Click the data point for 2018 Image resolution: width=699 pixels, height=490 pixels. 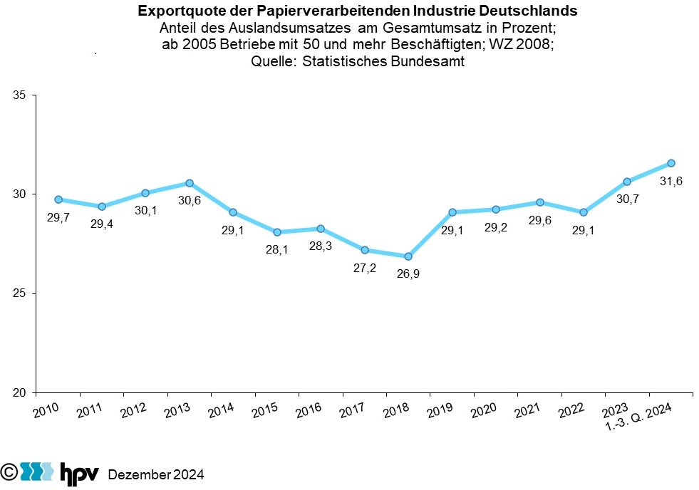pyautogui.click(x=408, y=256)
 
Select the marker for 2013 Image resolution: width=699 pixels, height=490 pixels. pyautogui.click(x=190, y=183)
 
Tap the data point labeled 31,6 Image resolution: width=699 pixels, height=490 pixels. pyautogui.click(x=670, y=163)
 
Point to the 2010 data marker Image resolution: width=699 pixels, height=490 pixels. pyautogui.click(x=58, y=199)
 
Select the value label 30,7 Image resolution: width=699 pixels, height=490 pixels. pyautogui.click(x=627, y=199)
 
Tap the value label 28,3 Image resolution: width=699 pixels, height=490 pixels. pyautogui.click(x=321, y=247)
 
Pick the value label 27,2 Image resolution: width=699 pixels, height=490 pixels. pyautogui.click(x=365, y=269)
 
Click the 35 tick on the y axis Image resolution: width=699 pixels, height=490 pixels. pyautogui.click(x=19, y=95)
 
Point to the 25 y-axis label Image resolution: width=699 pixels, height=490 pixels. pyautogui.click(x=19, y=293)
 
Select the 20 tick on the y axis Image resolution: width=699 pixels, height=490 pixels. pyautogui.click(x=19, y=392)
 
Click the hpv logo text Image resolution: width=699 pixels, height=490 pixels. pyautogui.click(x=78, y=473)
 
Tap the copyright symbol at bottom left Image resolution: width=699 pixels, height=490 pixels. pyautogui.click(x=9, y=472)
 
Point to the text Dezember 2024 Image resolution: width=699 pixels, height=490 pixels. pyautogui.click(x=156, y=474)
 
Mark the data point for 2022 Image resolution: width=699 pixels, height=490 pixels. pyautogui.click(x=584, y=212)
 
